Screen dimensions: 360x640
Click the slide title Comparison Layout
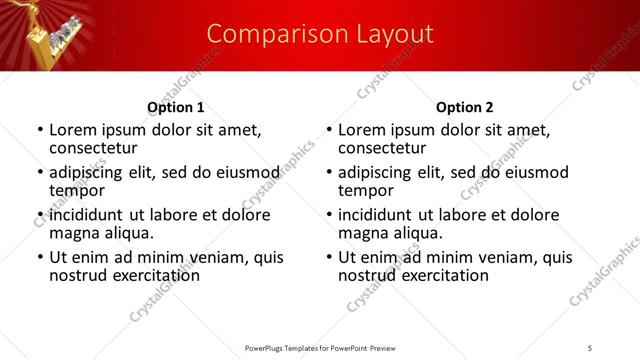[x=320, y=34]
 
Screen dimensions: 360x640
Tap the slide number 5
[x=591, y=347]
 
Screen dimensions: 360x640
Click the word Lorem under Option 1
[x=72, y=129]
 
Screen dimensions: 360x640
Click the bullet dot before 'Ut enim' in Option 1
[x=40, y=257]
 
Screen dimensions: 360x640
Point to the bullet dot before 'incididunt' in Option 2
[x=329, y=215]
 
